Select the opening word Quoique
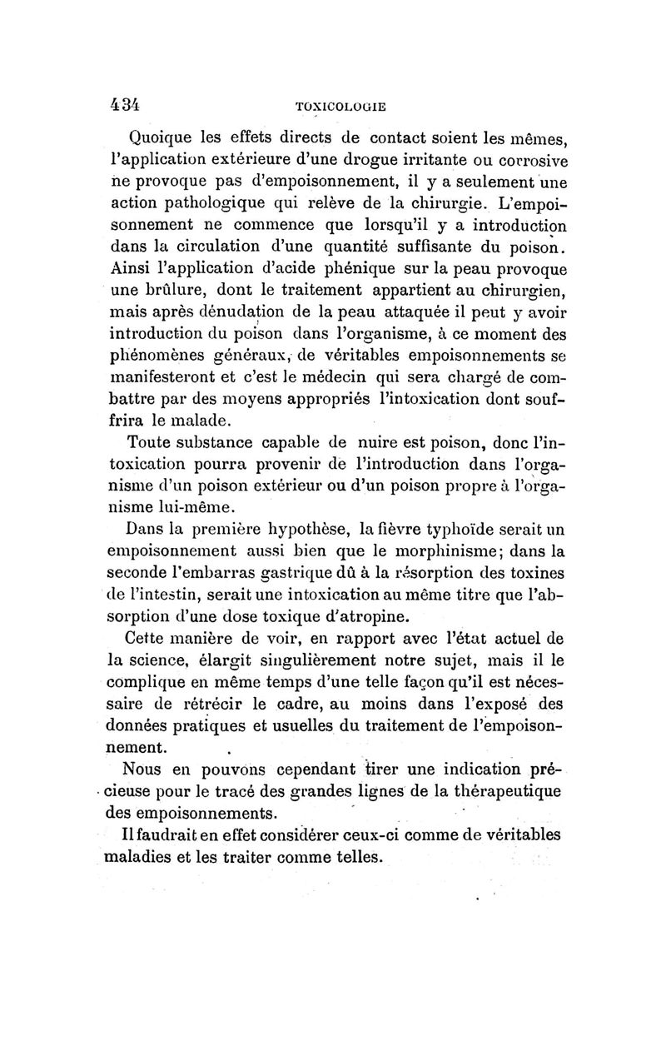(x=162, y=138)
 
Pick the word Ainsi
(x=130, y=269)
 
